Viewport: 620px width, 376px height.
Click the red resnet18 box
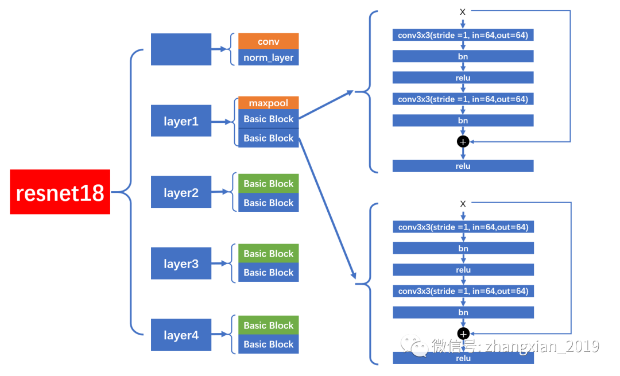point(60,192)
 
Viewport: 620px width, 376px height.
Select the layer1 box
point(181,121)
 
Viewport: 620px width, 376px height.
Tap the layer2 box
point(181,192)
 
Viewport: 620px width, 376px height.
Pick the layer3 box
point(181,263)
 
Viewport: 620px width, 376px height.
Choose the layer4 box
point(181,335)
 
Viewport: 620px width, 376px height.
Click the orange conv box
point(268,41)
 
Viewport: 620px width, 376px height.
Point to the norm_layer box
point(268,57)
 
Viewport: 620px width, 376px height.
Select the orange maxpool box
point(268,103)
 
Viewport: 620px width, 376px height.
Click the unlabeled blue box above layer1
point(181,49)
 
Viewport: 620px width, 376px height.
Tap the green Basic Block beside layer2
point(268,184)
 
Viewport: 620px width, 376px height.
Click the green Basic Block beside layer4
point(268,325)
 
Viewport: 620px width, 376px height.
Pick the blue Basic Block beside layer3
point(268,273)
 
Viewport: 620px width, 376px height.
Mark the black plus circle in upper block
point(463,141)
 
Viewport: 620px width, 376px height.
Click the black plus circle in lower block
point(463,333)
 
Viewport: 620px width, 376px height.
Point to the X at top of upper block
point(463,12)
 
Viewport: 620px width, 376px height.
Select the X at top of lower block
point(463,204)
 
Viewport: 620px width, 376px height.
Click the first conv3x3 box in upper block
point(463,36)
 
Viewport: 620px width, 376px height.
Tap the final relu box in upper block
point(463,166)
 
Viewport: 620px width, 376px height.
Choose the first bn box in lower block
point(463,248)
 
